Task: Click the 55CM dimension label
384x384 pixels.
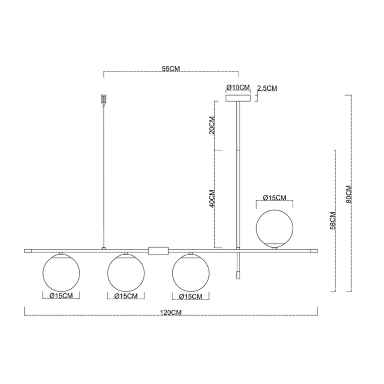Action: coord(171,69)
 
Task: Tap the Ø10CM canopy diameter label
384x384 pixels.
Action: coord(238,88)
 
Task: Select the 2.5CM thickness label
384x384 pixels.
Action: coord(267,88)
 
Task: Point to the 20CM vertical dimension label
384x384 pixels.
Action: coord(212,125)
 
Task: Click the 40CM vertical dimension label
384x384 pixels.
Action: coord(212,199)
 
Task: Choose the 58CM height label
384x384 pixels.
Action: coord(333,220)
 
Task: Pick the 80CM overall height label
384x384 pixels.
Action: coord(349,194)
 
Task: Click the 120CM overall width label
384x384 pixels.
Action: coord(171,313)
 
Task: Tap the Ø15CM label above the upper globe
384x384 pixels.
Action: coord(274,197)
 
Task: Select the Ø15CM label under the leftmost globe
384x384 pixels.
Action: coord(61,296)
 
